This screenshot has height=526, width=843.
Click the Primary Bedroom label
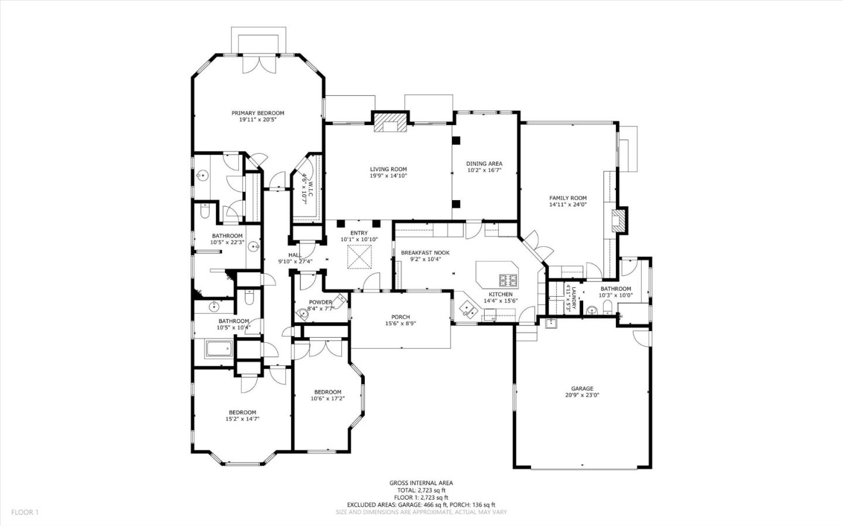click(x=258, y=113)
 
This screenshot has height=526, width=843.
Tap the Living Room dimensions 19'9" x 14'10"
click(x=388, y=176)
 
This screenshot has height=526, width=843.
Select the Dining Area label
click(x=484, y=164)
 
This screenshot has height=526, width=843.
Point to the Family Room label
click(x=567, y=198)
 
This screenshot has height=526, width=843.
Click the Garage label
click(x=582, y=389)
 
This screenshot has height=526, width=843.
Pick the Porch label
click(x=401, y=317)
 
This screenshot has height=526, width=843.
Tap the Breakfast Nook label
click(x=425, y=253)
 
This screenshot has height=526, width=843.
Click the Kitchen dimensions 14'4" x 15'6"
click(x=501, y=301)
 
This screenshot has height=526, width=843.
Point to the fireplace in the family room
click(x=618, y=220)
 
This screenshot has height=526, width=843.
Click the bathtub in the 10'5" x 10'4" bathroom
click(x=219, y=350)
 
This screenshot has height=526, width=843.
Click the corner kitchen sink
click(x=468, y=307)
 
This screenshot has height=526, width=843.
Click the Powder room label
click(x=320, y=302)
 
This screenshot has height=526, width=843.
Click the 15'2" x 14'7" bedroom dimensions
click(x=242, y=419)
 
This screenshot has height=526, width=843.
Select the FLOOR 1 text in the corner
click(x=25, y=512)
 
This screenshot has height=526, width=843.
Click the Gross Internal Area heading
click(x=421, y=483)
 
